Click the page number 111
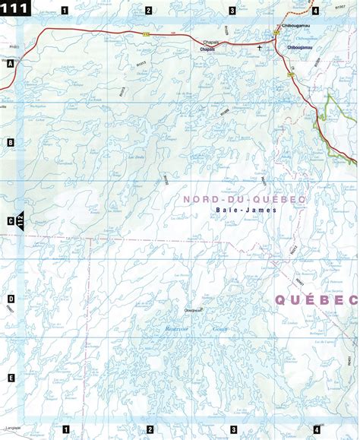click(x=17, y=9)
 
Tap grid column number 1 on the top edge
click(x=65, y=10)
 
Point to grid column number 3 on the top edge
click(x=232, y=10)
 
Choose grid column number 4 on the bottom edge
click(x=315, y=430)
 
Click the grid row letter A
click(x=10, y=65)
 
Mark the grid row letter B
click(x=10, y=142)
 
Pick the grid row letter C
click(x=10, y=221)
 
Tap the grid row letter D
click(x=10, y=299)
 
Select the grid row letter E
click(x=10, y=378)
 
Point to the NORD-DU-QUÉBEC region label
click(x=244, y=199)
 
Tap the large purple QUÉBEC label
click(x=315, y=299)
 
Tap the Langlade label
click(x=11, y=417)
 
